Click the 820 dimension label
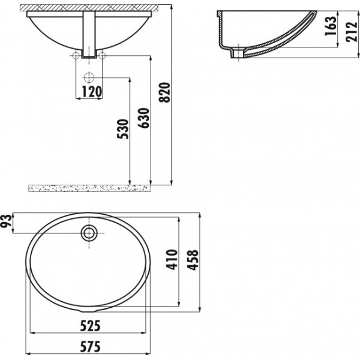pyautogui.click(x=165, y=92)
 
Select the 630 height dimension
pyautogui.click(x=144, y=118)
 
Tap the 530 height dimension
pyautogui.click(x=123, y=129)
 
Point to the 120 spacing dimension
pyautogui.click(x=92, y=92)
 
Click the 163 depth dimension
pyautogui.click(x=331, y=26)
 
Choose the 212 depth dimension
pyautogui.click(x=352, y=32)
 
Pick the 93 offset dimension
pyautogui.click(x=5, y=221)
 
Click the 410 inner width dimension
pyautogui.click(x=172, y=259)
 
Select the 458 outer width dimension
pyautogui.click(x=193, y=260)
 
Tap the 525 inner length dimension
pyautogui.click(x=91, y=326)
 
